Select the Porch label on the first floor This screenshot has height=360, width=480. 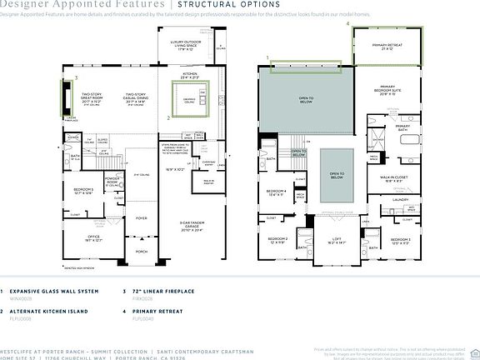[x=142, y=251]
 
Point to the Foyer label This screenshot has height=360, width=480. [x=142, y=219]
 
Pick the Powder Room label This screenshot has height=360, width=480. [x=111, y=181]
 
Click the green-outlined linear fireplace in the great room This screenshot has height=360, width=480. [x=61, y=97]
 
